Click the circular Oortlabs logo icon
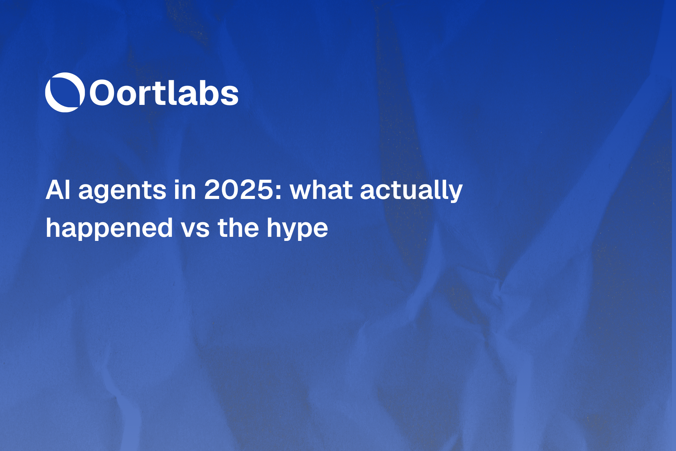point(65,92)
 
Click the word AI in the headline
point(58,190)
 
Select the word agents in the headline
point(122,191)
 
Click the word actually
point(411,191)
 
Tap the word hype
point(297,229)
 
